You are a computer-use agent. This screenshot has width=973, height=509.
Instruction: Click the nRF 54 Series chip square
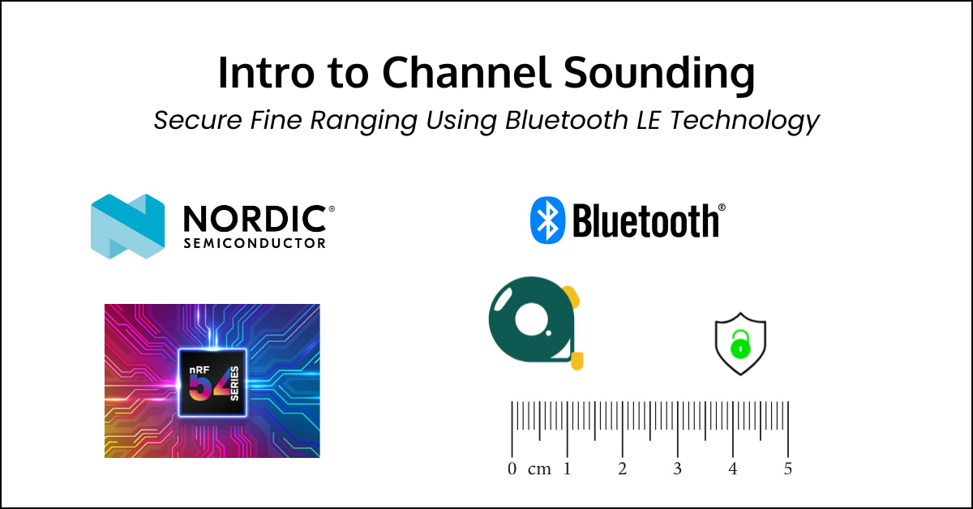212,382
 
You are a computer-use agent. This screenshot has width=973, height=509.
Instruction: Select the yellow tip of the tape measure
578,360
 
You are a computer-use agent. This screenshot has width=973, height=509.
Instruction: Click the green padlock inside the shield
739,347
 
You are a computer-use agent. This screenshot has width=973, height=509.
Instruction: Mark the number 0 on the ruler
512,469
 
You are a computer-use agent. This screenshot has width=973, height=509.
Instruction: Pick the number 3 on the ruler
677,469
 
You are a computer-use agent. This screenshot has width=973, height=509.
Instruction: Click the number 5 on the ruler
787,469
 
